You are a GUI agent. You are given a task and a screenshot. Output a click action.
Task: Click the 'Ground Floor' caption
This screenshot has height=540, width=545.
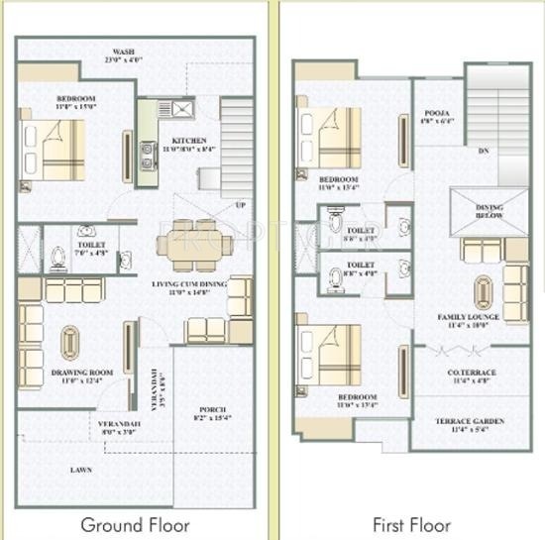pos(136,523)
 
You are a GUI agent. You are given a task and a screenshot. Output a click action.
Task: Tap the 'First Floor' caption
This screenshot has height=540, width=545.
pos(410,523)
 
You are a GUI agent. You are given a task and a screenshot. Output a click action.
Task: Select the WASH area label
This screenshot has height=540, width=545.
pos(124,55)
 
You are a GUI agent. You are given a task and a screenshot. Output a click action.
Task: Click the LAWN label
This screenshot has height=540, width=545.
pos(81,470)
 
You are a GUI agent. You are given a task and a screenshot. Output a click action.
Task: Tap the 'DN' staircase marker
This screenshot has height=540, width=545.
pos(483,152)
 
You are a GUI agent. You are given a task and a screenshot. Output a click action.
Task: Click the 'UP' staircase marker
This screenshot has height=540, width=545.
pos(239,205)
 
